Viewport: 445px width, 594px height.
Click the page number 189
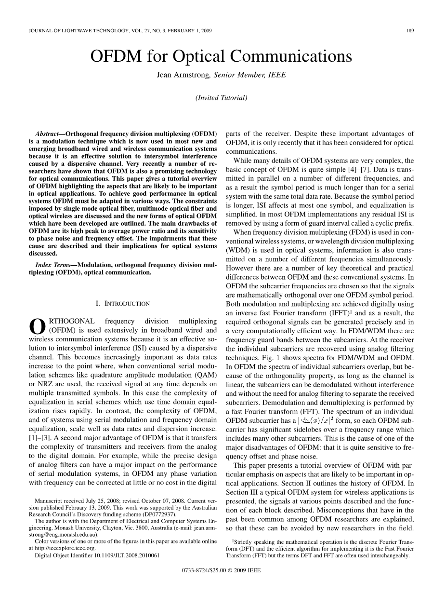(x=410, y=31)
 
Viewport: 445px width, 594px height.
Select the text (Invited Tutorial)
(x=222, y=97)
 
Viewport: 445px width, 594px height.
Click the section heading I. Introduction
(x=123, y=303)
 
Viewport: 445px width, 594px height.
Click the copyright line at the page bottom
(x=222, y=583)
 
